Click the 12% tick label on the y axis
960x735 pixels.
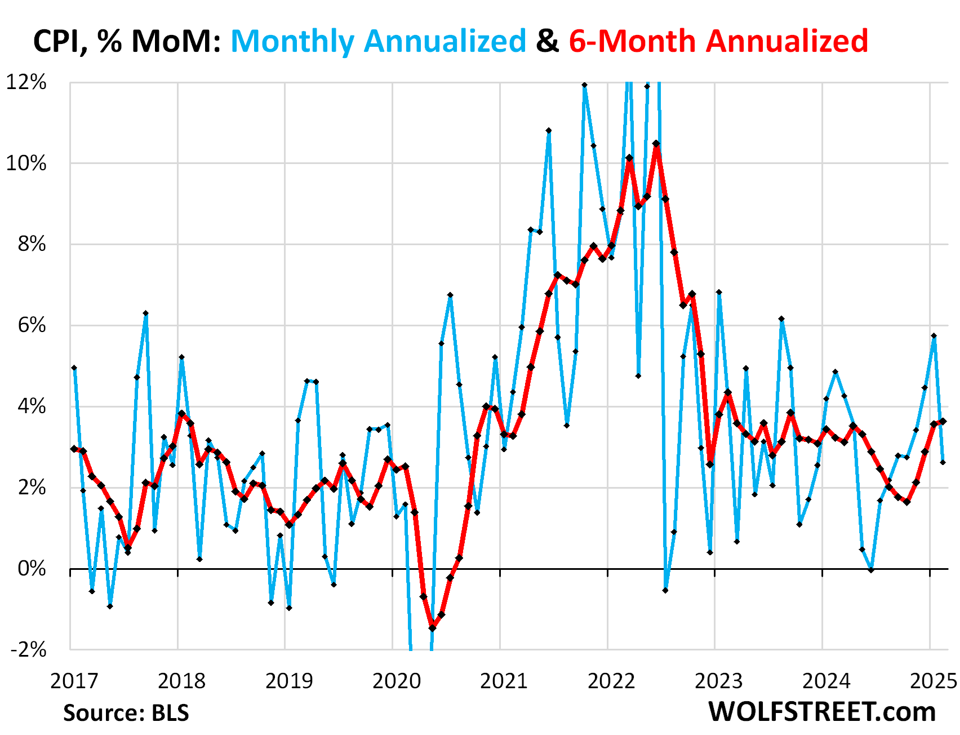(x=26, y=82)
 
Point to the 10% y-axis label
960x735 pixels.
(x=26, y=163)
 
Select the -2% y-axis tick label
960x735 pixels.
(x=28, y=649)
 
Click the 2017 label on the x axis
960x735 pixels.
(x=74, y=681)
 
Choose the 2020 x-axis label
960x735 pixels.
(x=397, y=681)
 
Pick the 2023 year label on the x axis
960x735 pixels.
(x=719, y=681)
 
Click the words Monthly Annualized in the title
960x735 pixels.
(x=378, y=41)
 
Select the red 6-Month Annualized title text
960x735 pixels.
(x=718, y=41)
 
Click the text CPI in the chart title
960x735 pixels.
(x=60, y=41)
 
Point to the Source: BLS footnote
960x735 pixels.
(x=126, y=713)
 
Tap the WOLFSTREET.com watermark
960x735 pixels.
(x=822, y=712)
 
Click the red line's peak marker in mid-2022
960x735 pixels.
(x=656, y=144)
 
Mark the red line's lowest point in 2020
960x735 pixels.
(x=432, y=628)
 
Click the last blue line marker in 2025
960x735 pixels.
(x=943, y=462)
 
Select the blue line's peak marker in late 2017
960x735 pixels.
(x=145, y=313)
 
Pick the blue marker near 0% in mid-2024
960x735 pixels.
(x=871, y=570)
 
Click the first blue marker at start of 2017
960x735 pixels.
(x=74, y=367)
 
